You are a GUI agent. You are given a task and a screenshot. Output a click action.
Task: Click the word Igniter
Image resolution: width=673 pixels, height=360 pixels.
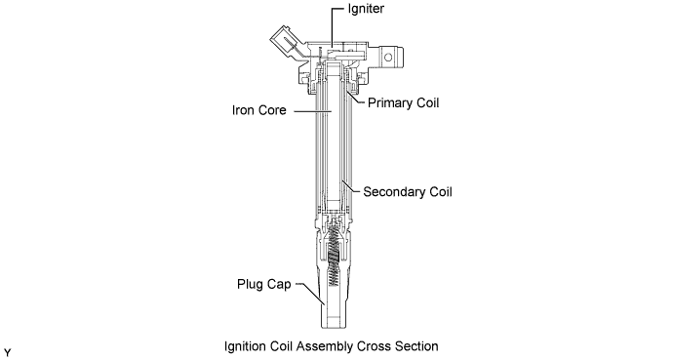[366, 9]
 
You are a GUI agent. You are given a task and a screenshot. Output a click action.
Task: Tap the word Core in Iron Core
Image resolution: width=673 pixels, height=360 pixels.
[273, 110]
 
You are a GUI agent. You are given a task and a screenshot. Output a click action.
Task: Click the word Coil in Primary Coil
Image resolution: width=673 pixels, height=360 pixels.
[427, 103]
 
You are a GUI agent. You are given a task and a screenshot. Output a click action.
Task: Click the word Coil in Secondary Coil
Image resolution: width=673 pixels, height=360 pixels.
[440, 192]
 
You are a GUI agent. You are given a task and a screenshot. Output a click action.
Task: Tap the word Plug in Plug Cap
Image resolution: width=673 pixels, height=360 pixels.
[250, 285]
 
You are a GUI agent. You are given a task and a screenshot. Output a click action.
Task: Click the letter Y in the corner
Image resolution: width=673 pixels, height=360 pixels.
[7, 353]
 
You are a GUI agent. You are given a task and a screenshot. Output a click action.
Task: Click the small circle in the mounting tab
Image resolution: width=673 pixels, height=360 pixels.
[388, 57]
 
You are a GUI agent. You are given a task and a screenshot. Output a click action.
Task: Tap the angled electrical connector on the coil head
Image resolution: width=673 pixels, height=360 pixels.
[285, 43]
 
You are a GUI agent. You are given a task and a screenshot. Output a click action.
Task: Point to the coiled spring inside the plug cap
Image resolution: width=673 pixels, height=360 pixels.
[334, 257]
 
